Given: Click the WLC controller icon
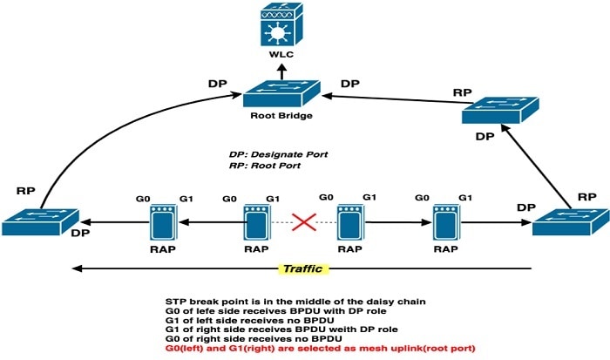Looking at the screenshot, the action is (281, 24).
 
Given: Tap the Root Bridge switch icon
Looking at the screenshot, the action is (281, 93).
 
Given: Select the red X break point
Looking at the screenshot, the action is (304, 222).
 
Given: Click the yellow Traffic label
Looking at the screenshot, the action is (303, 269).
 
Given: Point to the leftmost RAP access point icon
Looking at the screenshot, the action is (164, 222).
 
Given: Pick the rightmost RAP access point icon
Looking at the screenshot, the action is (446, 222).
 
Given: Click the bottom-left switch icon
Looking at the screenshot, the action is (40, 221).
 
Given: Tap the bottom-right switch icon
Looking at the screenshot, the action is (571, 221).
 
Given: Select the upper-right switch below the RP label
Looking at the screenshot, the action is (500, 110).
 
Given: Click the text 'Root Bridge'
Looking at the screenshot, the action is (281, 116).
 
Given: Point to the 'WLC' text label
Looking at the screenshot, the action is (281, 54).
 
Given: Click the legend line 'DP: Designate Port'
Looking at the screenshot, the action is (278, 154).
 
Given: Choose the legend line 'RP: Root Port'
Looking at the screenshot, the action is (265, 166).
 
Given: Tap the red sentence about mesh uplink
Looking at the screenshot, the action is (320, 349).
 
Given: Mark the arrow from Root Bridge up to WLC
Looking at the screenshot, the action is (282, 72).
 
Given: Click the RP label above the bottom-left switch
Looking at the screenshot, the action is (25, 191).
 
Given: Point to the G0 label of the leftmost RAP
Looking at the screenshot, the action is (143, 199).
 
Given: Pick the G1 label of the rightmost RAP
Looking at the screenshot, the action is (465, 198).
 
